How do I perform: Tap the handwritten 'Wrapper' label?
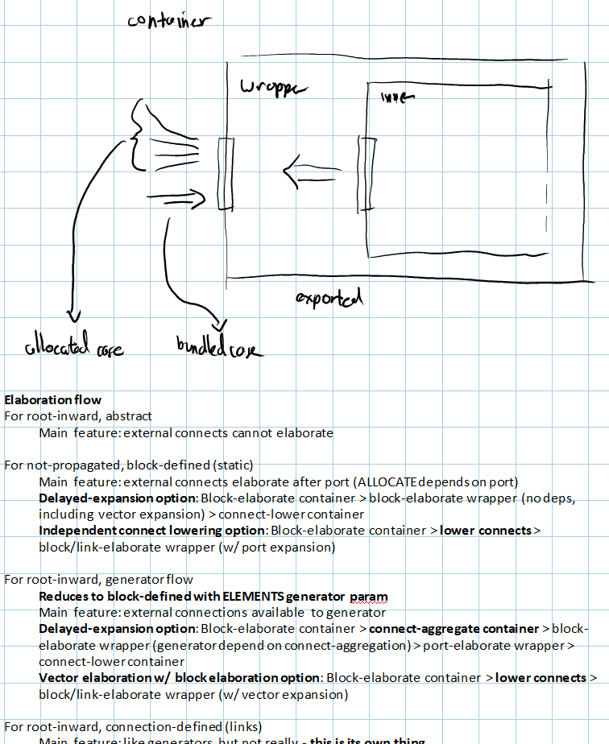[x=274, y=88]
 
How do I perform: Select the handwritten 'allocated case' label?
[x=74, y=348]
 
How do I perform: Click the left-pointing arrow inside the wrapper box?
[x=310, y=171]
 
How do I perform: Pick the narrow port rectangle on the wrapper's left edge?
[x=225, y=173]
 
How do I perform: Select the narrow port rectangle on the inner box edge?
[x=367, y=173]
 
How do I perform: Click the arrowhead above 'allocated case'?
[x=74, y=314]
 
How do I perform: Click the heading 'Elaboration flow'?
[x=53, y=399]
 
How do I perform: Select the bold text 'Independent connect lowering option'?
[x=152, y=530]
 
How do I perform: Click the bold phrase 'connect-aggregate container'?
[x=454, y=628]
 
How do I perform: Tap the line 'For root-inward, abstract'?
[x=78, y=416]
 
